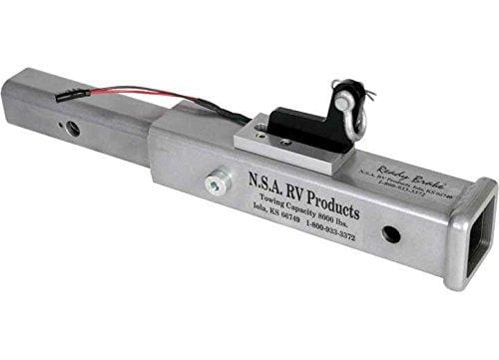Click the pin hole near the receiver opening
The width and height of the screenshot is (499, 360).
(390, 234)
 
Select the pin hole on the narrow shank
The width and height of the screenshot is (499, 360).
(73, 128)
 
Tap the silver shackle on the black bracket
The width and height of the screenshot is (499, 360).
(346, 101)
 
